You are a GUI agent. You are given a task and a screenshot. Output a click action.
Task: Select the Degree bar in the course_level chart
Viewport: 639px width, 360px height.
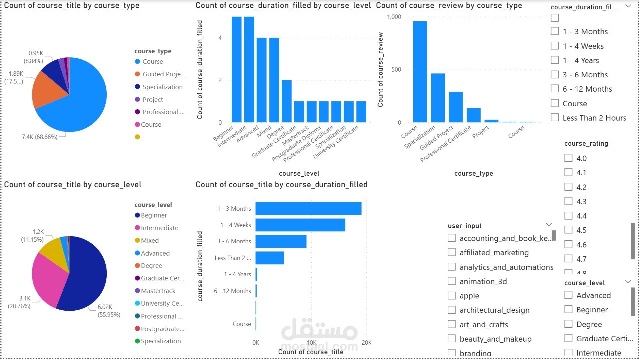coord(287,101)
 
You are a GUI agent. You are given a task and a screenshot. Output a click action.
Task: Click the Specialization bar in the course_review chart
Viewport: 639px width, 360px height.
coord(438,98)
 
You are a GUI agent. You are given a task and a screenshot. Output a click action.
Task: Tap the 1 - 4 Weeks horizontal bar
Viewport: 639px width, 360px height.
coord(300,225)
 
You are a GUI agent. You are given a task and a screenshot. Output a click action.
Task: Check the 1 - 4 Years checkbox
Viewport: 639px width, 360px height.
coord(555,60)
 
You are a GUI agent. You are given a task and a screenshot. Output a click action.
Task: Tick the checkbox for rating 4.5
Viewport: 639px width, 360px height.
coord(568,230)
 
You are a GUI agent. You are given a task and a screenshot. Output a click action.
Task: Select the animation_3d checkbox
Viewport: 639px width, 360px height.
coord(452,281)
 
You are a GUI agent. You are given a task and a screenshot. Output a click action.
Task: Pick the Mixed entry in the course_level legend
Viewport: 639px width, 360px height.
coord(150,240)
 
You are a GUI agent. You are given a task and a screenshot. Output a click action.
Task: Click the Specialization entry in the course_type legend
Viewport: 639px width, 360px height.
coord(162,87)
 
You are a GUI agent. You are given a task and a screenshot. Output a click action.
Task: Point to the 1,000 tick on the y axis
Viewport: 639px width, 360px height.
coord(394,17)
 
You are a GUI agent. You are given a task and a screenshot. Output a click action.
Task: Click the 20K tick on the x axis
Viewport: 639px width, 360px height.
coord(366,343)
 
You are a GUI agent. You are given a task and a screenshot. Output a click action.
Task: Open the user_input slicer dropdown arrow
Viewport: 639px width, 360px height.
coord(549,225)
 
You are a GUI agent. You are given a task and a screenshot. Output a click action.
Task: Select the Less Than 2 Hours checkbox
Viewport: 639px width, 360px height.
coord(555,118)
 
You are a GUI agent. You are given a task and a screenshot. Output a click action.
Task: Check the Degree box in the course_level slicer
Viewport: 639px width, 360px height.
coord(568,324)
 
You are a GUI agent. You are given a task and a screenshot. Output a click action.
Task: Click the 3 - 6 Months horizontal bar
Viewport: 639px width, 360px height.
coord(281,241)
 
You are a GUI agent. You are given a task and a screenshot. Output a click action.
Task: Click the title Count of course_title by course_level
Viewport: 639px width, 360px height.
coord(73,185)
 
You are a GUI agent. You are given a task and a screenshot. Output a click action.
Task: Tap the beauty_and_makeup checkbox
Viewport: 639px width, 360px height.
coord(452,339)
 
